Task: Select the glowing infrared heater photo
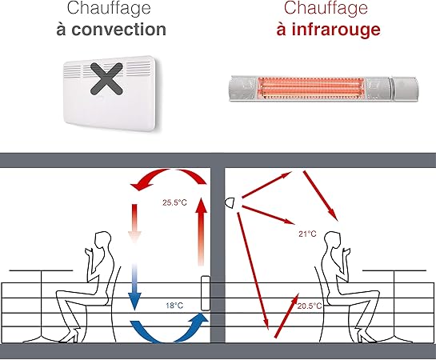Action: click(325, 86)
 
